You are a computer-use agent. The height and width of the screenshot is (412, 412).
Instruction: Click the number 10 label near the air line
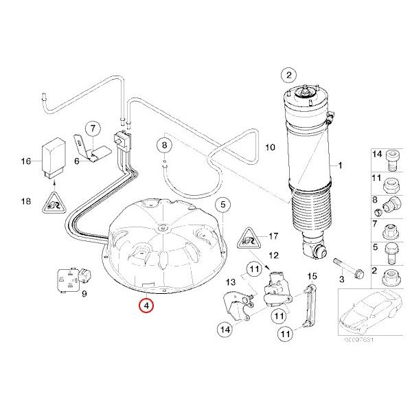269,147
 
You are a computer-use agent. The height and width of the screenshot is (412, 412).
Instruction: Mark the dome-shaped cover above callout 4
165,240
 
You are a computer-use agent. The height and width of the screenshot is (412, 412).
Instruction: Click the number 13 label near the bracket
230,282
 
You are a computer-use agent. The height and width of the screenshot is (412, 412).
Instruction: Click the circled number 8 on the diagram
163,145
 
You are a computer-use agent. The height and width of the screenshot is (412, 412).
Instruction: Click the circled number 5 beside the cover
222,204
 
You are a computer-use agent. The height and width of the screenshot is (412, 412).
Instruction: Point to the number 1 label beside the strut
337,166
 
